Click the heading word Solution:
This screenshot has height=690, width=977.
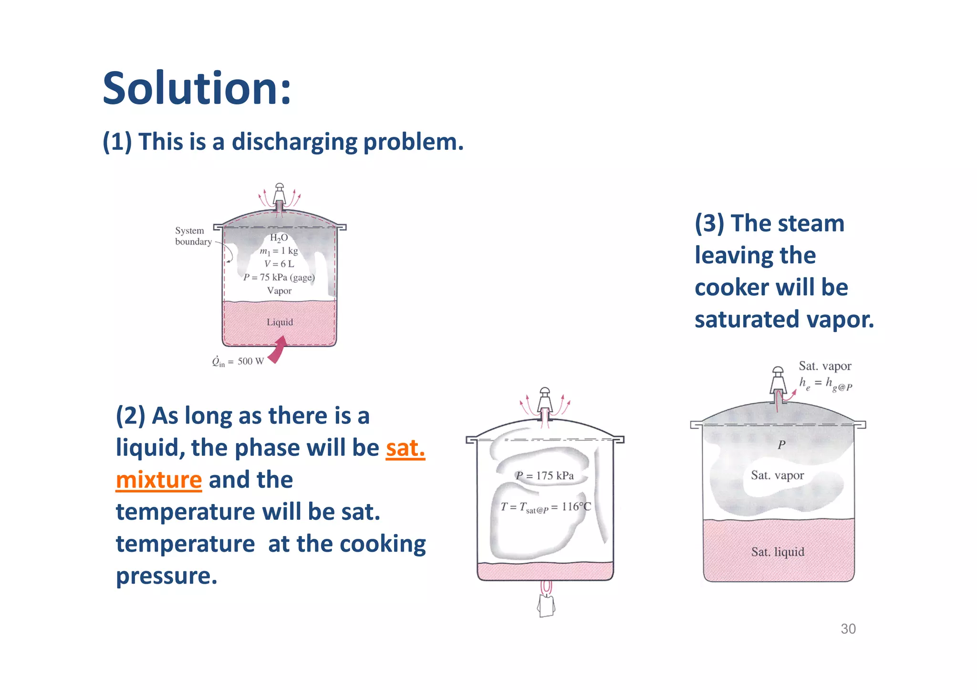[197, 89]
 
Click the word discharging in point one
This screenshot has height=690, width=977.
[294, 142]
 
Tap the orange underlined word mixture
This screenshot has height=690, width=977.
[159, 480]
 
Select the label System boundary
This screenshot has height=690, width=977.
[193, 236]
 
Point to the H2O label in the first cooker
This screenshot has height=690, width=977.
[279, 237]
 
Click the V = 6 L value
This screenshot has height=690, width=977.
[279, 264]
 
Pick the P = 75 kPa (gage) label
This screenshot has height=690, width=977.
[279, 277]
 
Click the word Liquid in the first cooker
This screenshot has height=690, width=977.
[280, 322]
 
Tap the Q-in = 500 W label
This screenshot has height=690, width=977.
[238, 361]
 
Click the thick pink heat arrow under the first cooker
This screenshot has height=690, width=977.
[278, 350]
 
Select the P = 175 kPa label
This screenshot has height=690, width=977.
[545, 475]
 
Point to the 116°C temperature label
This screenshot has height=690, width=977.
[576, 506]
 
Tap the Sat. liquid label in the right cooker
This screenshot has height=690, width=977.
[778, 552]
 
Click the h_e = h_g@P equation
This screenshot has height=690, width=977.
[825, 384]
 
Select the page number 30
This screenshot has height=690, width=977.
[848, 629]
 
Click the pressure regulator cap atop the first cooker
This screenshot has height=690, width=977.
[280, 193]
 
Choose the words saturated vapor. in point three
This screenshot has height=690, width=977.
[784, 319]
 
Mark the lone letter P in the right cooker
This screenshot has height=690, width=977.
[781, 445]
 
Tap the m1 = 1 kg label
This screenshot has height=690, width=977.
[279, 251]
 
